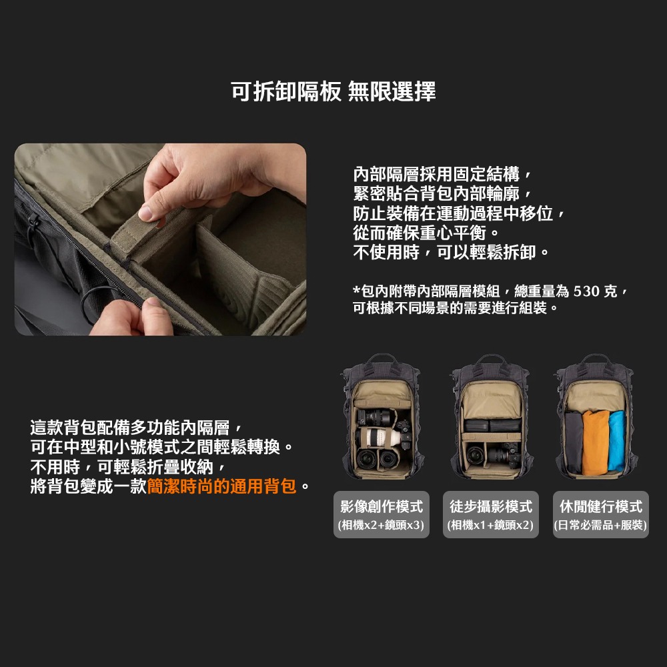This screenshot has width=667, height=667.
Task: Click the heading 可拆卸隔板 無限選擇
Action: click(x=333, y=91)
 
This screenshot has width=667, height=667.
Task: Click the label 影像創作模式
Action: click(x=381, y=507)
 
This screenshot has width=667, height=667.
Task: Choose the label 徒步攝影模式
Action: click(x=490, y=507)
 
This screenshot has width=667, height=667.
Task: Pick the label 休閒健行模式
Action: click(x=600, y=507)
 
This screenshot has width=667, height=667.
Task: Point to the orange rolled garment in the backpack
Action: click(x=596, y=442)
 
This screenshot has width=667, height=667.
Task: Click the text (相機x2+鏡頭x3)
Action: click(x=381, y=526)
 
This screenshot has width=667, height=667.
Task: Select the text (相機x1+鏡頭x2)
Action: click(x=490, y=526)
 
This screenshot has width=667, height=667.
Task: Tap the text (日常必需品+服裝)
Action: click(x=600, y=526)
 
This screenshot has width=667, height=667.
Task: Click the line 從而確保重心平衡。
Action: click(x=426, y=233)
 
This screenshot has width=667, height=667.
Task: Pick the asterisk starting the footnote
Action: click(x=356, y=291)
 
